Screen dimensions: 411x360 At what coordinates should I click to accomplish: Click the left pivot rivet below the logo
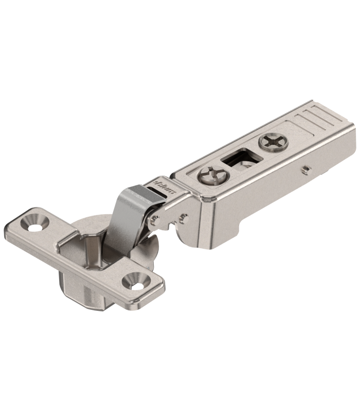[x=154, y=220]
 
